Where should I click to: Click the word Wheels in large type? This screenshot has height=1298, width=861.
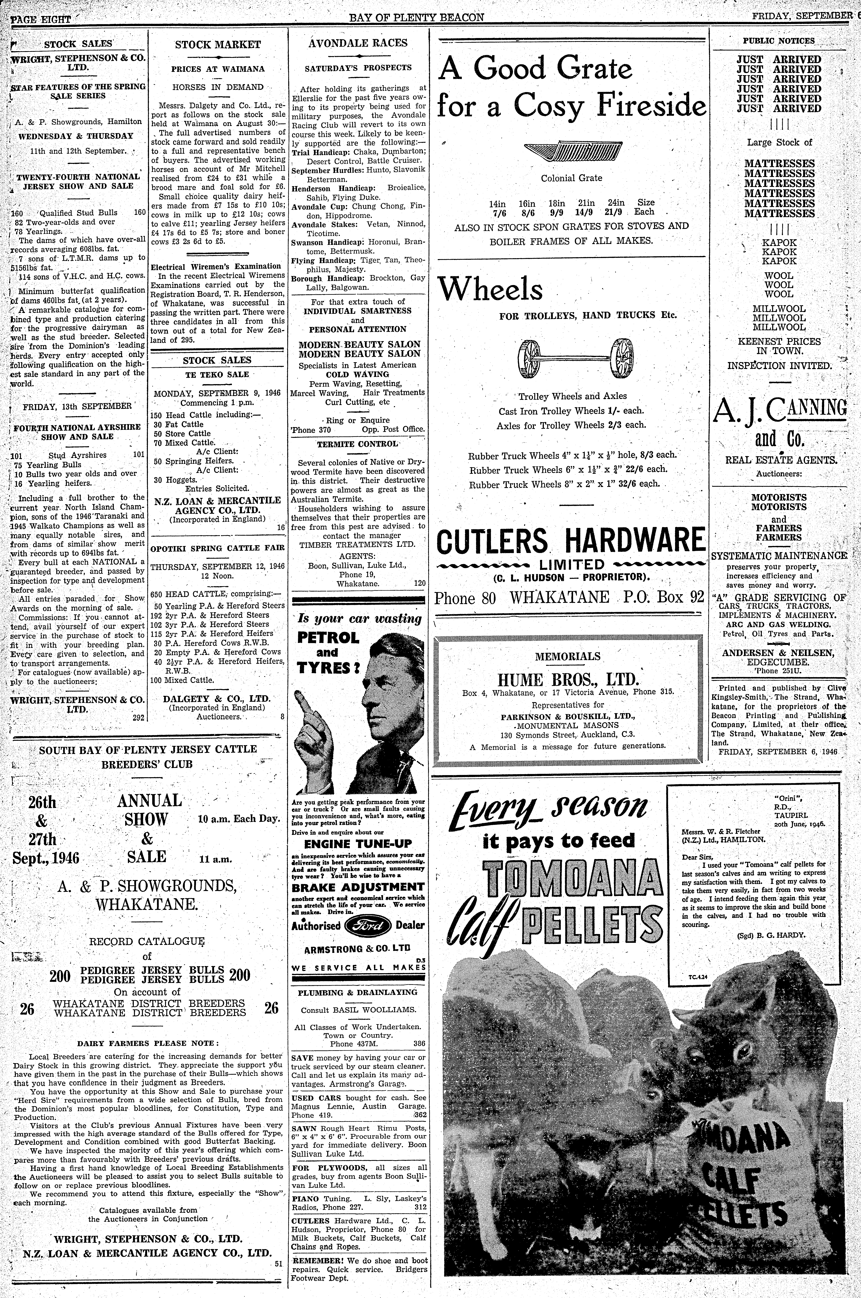point(490,289)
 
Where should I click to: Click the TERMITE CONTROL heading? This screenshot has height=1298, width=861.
point(357,444)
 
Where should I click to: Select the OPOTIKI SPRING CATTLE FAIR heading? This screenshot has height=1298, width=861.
point(218,548)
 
